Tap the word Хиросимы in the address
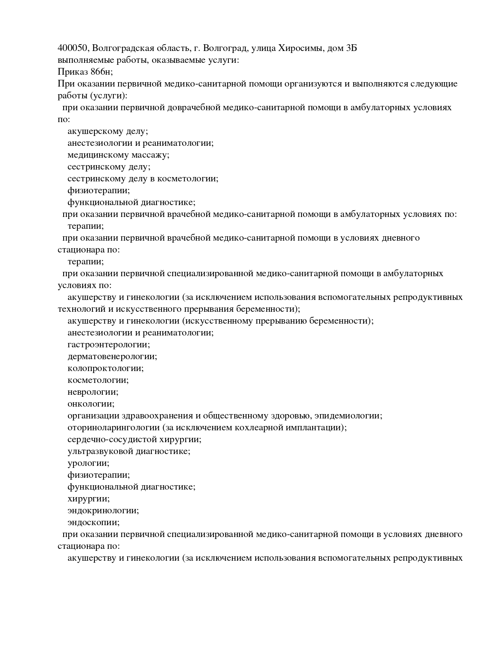click(x=300, y=48)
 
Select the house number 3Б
click(x=351, y=48)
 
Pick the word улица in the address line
click(x=263, y=48)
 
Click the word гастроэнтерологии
click(x=109, y=345)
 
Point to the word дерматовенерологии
click(x=112, y=356)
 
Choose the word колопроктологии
click(x=106, y=368)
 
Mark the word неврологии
click(x=93, y=392)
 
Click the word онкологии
click(x=91, y=404)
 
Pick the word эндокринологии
click(x=103, y=511)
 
